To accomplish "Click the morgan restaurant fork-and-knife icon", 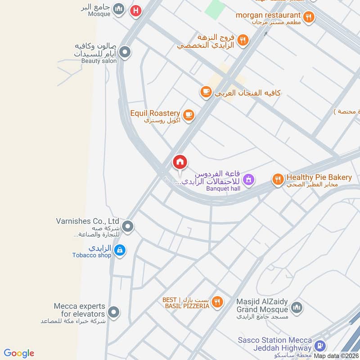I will [309, 17].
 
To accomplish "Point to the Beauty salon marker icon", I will [126, 52].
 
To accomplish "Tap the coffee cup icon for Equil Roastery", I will [189, 115].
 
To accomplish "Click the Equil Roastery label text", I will [155, 113].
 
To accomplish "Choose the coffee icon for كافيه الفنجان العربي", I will [206, 92].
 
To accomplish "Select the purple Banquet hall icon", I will [248, 180].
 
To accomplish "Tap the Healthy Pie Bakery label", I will [319, 177].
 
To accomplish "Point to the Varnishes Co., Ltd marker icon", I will [128, 226].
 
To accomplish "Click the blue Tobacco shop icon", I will [119, 250].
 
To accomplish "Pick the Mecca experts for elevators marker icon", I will [114, 311].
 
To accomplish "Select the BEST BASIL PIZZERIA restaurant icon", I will [217, 302].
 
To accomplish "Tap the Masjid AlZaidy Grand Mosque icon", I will [296, 308].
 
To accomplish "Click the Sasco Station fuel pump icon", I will [319, 346].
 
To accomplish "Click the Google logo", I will [19, 353].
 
